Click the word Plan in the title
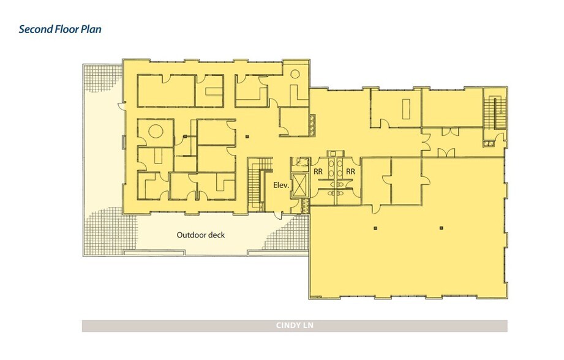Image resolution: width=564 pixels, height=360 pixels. (x=91, y=29)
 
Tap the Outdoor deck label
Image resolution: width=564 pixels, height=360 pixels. (x=201, y=235)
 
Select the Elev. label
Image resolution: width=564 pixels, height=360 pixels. (x=281, y=186)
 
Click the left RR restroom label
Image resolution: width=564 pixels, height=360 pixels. (x=318, y=172)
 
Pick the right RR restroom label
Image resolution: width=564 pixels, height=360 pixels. (x=350, y=172)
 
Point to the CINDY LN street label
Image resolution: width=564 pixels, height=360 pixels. (x=295, y=326)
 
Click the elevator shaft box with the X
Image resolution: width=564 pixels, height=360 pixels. (x=300, y=185)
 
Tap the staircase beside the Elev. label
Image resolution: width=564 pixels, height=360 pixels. (x=256, y=184)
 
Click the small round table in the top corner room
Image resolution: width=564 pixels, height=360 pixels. (x=295, y=74)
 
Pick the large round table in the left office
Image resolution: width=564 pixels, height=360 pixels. (x=156, y=130)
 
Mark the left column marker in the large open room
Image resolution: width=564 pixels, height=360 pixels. (x=375, y=228)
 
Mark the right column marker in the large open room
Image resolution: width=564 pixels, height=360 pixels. (x=442, y=228)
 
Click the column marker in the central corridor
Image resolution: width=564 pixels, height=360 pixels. (x=247, y=137)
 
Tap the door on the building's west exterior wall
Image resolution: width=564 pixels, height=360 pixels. (x=122, y=106)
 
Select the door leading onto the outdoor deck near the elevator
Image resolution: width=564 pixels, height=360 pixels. (x=278, y=216)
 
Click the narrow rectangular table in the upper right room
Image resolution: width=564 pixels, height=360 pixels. (x=407, y=108)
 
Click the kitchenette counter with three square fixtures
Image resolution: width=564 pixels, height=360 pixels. (x=312, y=125)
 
